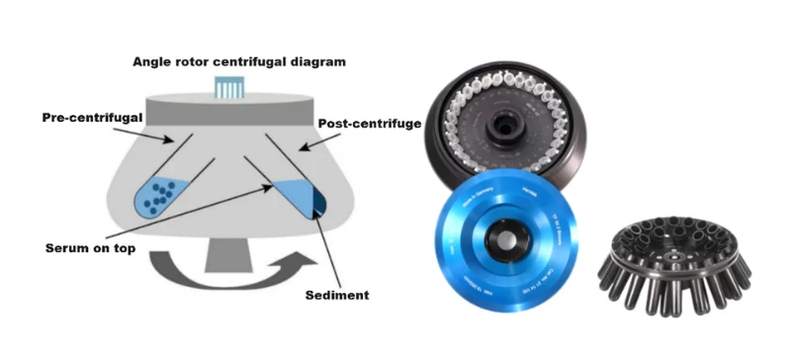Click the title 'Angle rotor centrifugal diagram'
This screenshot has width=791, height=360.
pyautogui.click(x=239, y=61)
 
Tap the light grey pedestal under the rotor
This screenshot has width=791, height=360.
pyautogui.click(x=229, y=260)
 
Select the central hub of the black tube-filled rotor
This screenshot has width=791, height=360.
pyautogui.click(x=508, y=125)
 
